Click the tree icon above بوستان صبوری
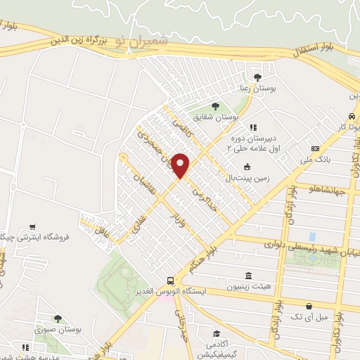click(58, 319)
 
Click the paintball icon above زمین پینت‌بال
click(246, 167)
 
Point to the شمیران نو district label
click(140, 41)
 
